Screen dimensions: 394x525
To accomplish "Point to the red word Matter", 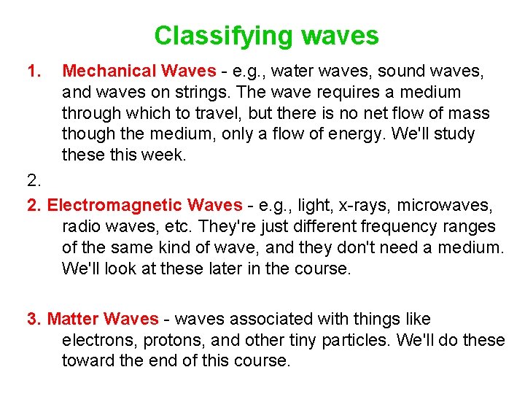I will [73, 319].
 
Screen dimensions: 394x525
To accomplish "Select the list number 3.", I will [34, 319].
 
